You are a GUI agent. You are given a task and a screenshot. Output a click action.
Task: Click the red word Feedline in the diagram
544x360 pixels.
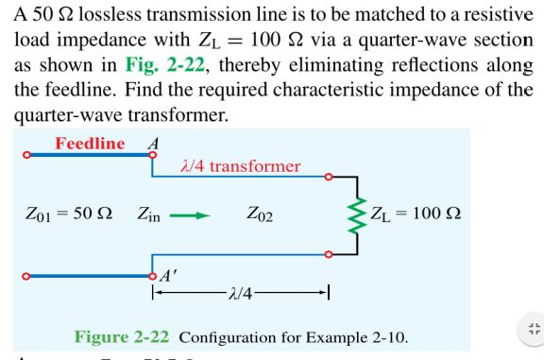point(90,144)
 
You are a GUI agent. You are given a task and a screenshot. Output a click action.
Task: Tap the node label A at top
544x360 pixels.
point(144,143)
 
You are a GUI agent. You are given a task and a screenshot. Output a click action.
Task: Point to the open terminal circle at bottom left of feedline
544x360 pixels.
point(28,275)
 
